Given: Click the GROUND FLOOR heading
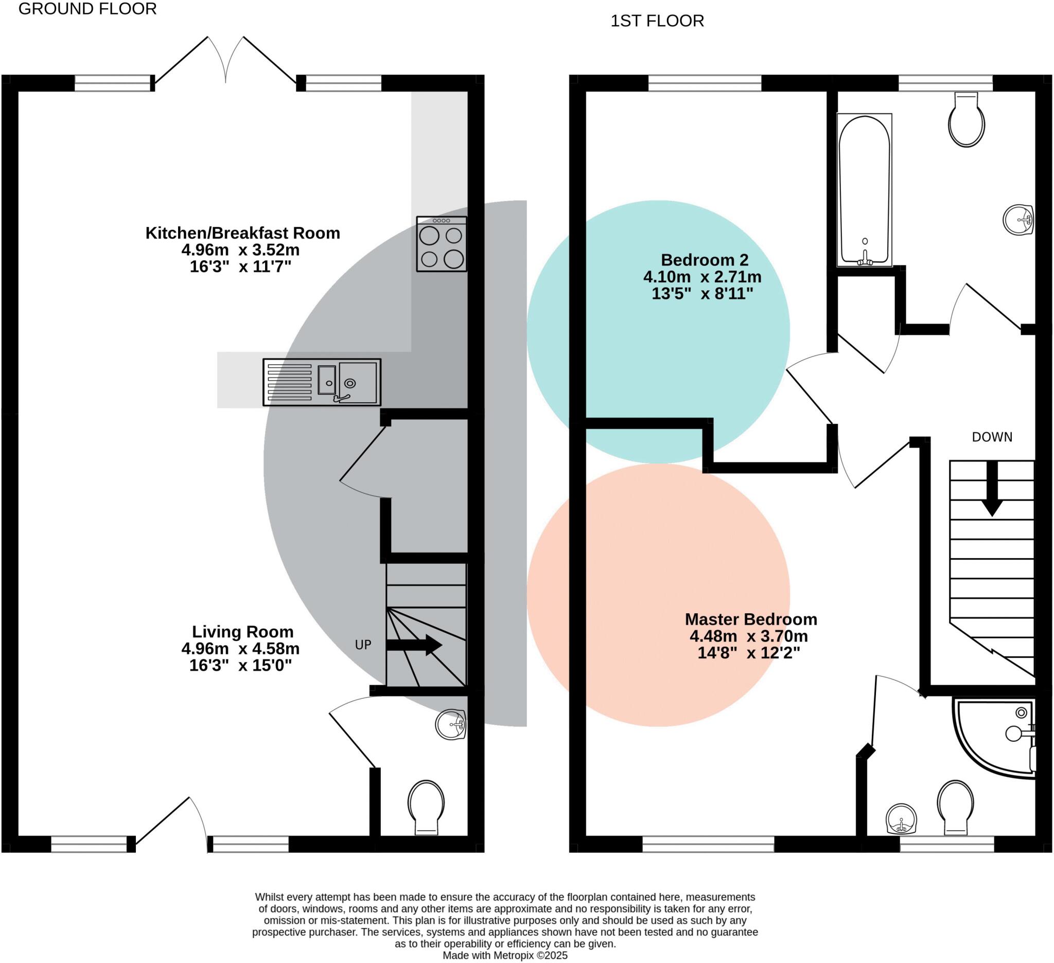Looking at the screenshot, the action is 87,9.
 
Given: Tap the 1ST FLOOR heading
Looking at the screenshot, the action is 657,21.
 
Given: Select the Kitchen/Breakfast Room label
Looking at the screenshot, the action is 242,233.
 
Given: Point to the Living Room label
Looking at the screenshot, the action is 242,632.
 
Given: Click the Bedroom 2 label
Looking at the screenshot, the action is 704,260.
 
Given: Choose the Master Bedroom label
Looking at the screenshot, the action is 751,619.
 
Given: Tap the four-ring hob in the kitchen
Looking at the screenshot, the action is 442,244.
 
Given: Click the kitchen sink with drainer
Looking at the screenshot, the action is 322,383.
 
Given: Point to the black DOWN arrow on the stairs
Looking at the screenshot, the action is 992,489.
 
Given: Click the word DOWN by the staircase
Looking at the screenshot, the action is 992,437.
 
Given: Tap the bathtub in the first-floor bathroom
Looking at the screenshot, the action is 864,190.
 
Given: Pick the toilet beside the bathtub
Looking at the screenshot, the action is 966,119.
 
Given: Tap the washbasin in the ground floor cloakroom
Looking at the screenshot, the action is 451,725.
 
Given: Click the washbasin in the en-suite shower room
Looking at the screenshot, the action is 901,819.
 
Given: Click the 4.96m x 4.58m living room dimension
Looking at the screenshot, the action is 240,649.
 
